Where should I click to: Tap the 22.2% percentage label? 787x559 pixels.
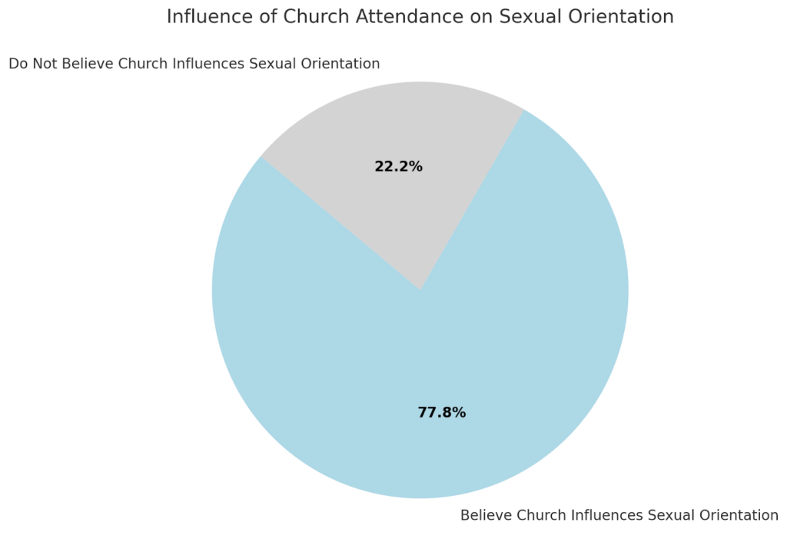point(398,166)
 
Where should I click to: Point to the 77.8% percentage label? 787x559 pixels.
point(442,413)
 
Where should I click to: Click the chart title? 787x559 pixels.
point(420,16)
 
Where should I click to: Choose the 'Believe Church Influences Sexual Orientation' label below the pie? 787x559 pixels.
point(619,515)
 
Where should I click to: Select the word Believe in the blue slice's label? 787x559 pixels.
point(486,515)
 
